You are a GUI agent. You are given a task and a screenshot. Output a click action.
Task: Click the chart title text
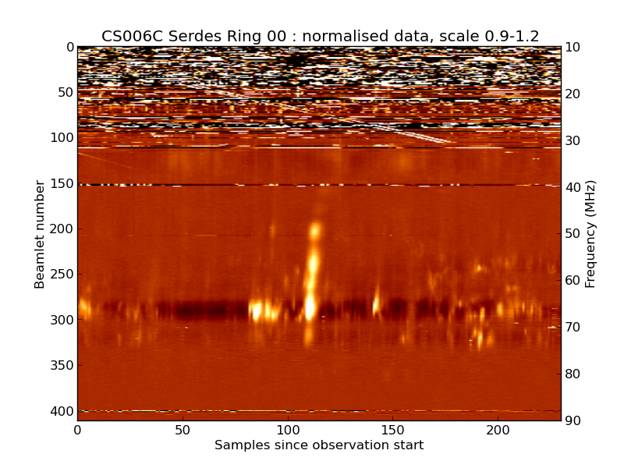coord(320,36)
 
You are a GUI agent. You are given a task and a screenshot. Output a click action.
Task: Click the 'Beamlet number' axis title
coord(40,234)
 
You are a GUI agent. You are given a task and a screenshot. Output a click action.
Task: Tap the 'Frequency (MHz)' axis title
coord(590,234)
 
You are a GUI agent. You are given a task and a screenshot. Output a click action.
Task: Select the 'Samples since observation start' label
coord(319,445)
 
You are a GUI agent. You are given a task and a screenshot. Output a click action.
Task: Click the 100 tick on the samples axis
coord(288,430)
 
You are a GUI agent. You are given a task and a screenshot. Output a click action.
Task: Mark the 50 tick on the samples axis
coord(183,430)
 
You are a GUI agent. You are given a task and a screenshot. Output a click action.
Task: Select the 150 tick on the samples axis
coord(393,430)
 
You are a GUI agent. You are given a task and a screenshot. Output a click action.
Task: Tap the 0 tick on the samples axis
coord(77,430)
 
